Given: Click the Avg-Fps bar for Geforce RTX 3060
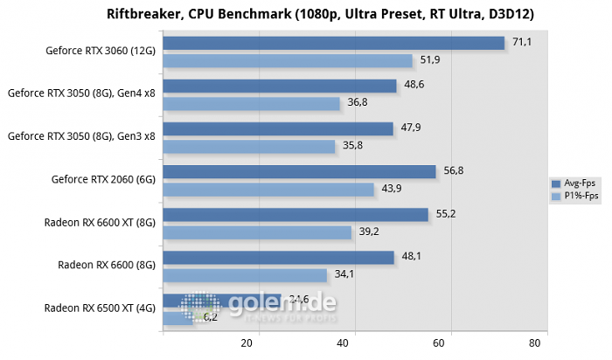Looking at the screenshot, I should [333, 43].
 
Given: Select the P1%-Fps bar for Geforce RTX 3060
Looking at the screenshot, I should [287, 60].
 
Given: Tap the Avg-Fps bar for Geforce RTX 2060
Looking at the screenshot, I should [299, 171].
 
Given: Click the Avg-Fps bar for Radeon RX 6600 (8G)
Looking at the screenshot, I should [278, 257].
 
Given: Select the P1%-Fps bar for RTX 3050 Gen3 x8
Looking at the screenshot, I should [248, 146].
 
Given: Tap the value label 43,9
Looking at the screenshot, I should [390, 189].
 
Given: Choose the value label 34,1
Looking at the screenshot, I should [344, 274].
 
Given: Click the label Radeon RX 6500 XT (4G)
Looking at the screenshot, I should [100, 307].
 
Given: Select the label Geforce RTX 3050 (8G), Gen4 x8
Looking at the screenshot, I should [81, 93].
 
